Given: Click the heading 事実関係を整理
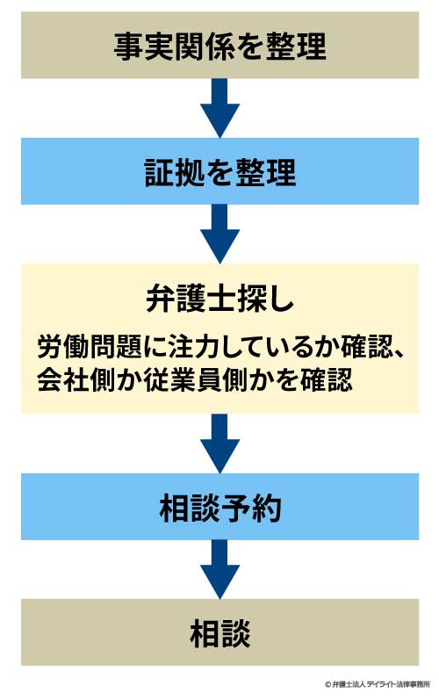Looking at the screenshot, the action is (x=219, y=46).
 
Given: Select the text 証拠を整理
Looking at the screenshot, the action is (x=219, y=172).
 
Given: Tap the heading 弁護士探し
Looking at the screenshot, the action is (x=219, y=298).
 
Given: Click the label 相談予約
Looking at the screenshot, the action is (x=219, y=508).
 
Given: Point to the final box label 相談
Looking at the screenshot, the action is (x=219, y=633).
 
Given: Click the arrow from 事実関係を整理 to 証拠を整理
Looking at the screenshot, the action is (x=219, y=108).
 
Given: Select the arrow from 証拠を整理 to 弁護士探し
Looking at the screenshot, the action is (x=219, y=234).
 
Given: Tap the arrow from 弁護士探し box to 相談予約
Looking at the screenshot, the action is (x=219, y=444).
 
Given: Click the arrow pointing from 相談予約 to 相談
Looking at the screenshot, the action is (x=219, y=569).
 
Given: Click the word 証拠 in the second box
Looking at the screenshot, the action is (x=175, y=172).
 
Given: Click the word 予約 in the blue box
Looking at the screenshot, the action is (x=251, y=508).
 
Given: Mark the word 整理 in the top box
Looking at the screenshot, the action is (x=296, y=46).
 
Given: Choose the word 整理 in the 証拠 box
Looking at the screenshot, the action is (x=265, y=172).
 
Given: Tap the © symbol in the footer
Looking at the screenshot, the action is (x=327, y=684).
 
